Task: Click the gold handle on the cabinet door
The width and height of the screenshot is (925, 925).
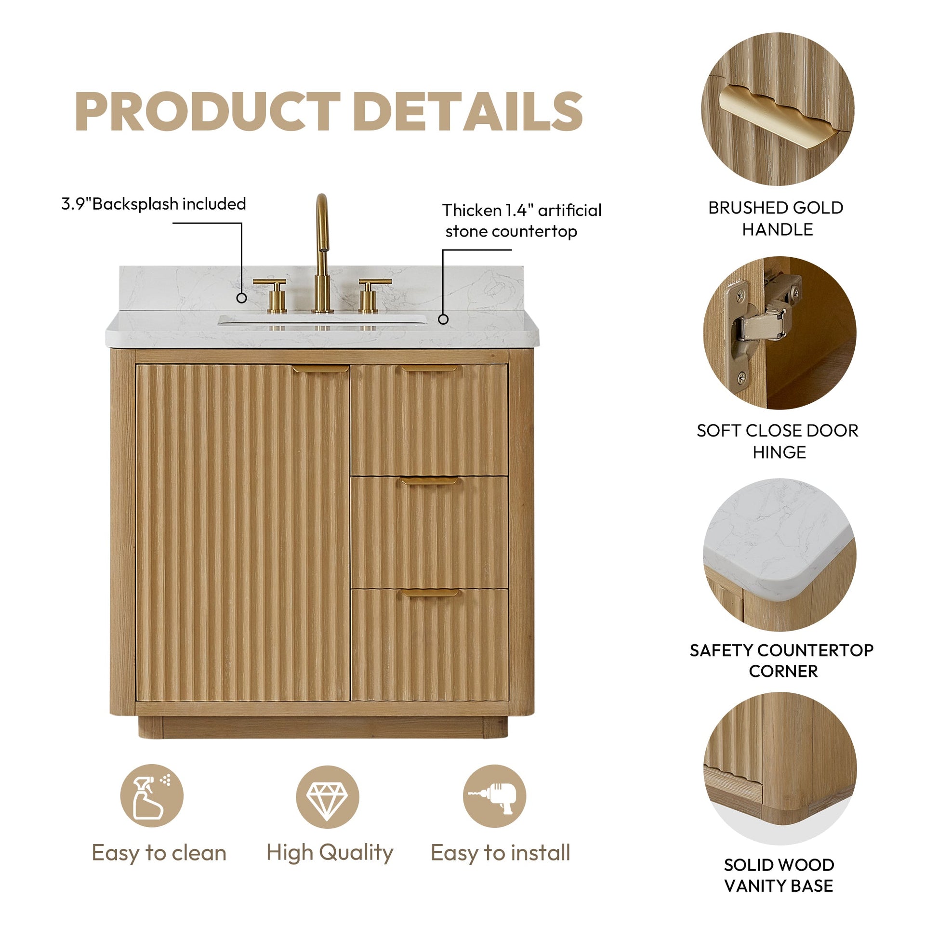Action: [x=320, y=369]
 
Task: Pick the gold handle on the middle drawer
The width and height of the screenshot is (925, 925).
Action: [x=429, y=481]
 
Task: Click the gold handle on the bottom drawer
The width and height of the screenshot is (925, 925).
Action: [x=429, y=593]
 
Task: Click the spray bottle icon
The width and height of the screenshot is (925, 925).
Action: [x=151, y=796]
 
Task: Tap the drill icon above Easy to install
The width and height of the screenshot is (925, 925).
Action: [x=494, y=796]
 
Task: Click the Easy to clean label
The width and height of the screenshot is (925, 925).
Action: [x=159, y=853]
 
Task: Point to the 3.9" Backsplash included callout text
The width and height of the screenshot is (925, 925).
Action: [x=154, y=204]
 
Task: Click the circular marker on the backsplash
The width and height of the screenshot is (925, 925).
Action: [x=242, y=298]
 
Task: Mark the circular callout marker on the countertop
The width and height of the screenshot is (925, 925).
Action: [x=443, y=319]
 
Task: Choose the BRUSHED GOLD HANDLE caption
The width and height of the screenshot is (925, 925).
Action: [x=776, y=218]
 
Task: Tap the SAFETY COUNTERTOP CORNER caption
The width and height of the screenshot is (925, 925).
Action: [x=781, y=661]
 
